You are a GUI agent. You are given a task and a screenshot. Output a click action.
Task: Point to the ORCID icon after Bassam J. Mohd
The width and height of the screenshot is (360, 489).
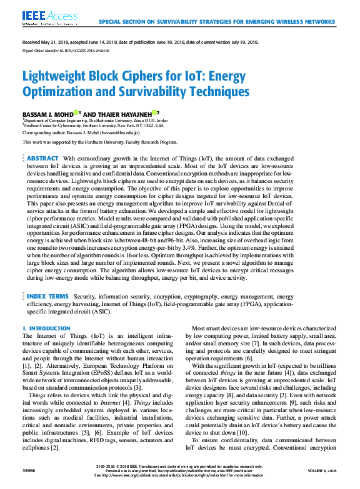coord(76,112)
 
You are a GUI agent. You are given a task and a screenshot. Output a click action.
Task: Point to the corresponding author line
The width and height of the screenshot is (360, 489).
coord(81,133)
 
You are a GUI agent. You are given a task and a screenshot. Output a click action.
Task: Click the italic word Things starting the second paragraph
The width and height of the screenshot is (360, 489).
coord(37,395)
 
